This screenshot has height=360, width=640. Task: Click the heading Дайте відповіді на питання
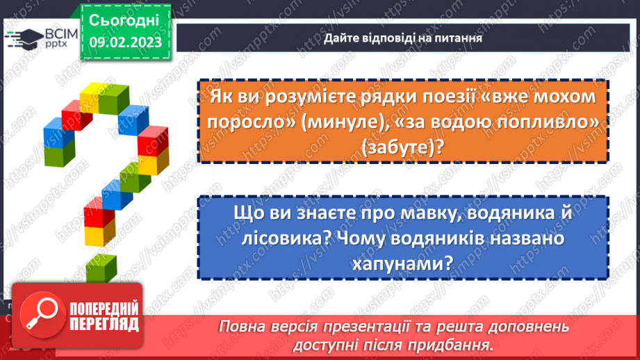tap(402, 38)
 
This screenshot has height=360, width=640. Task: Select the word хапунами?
tap(402, 263)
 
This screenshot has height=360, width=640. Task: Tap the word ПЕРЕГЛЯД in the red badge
tap(104, 324)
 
